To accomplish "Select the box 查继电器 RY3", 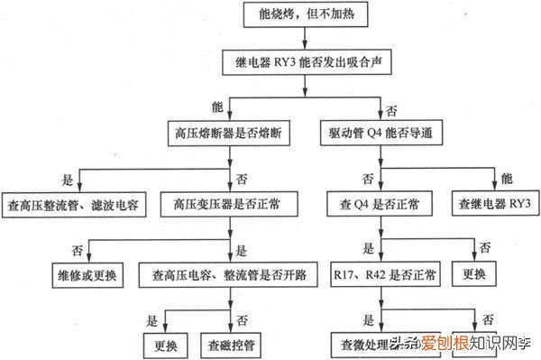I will (495, 205).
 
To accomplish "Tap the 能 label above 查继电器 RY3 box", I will (506, 178).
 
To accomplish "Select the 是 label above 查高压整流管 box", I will (66, 179).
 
